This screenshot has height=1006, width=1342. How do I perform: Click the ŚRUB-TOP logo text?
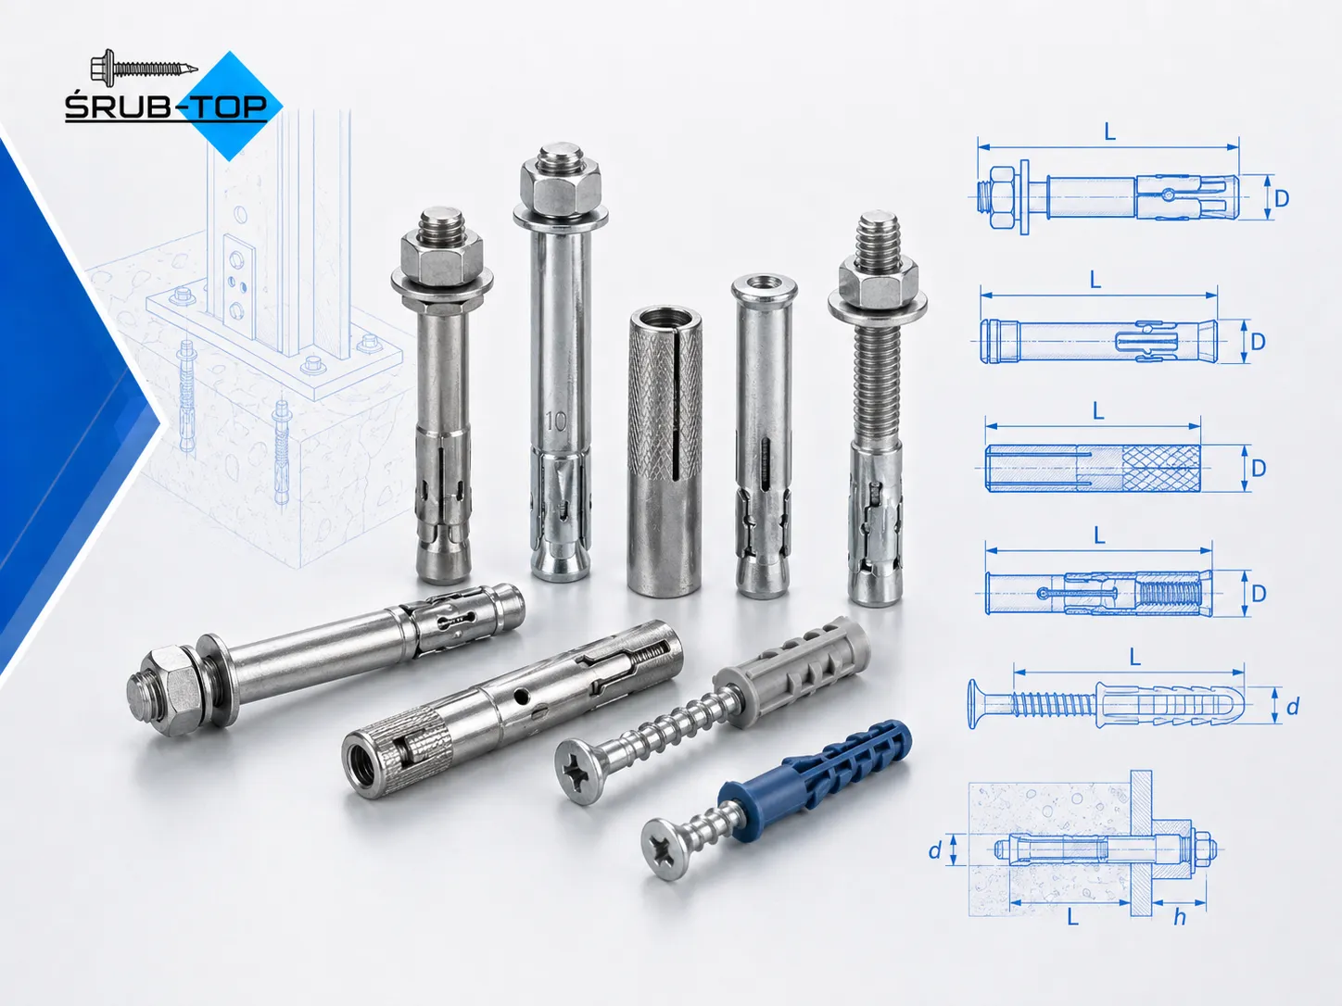point(166,107)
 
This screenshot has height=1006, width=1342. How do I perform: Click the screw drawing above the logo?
point(145,66)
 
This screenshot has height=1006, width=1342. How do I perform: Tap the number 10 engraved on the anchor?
point(556,421)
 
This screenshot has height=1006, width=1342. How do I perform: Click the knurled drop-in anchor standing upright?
point(664,451)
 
